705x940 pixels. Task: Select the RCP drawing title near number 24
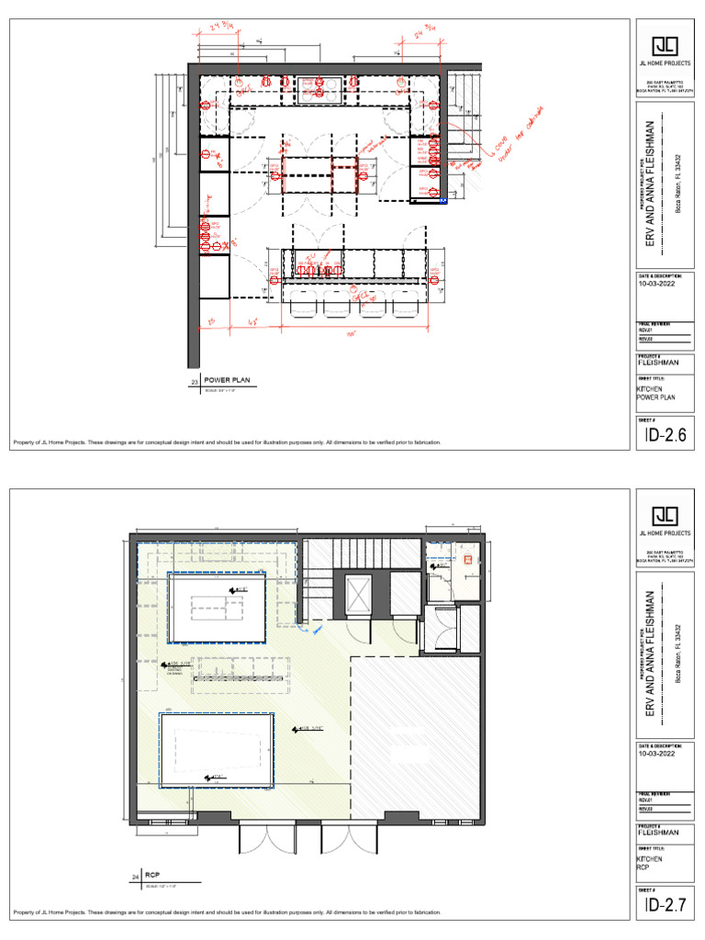(x=152, y=876)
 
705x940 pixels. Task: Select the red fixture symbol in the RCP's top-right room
(x=466, y=558)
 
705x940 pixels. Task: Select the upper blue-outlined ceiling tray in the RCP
(x=217, y=609)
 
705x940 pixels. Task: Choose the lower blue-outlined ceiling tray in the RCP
(x=218, y=750)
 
